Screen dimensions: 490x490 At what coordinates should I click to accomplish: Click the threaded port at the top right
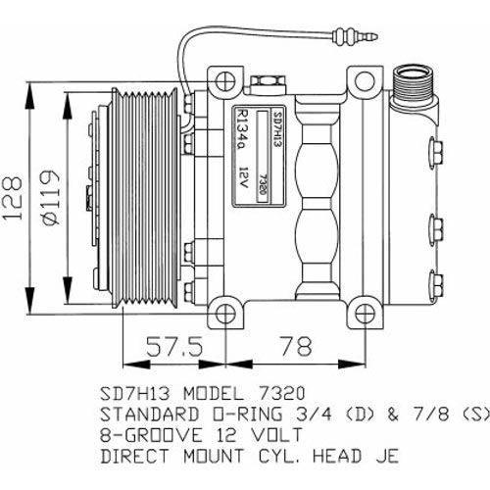coord(411,83)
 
